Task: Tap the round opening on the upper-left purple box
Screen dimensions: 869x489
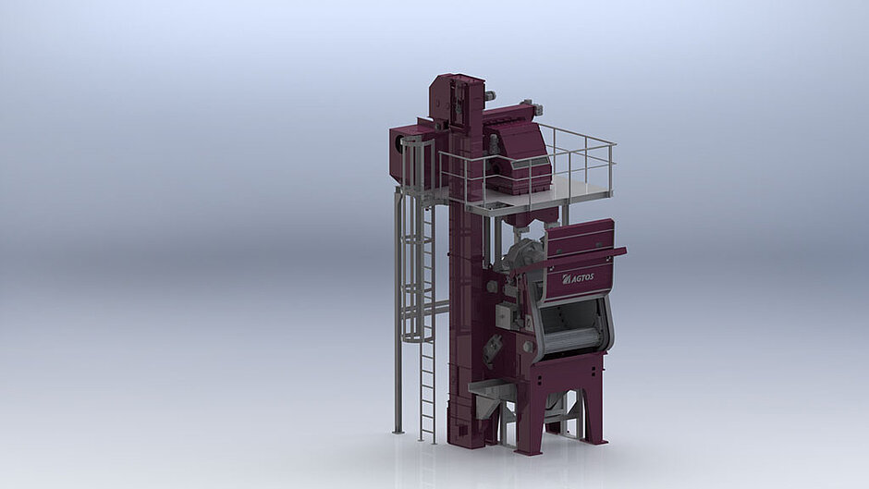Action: coord(398,143)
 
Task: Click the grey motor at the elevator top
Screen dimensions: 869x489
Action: coord(491,95)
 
